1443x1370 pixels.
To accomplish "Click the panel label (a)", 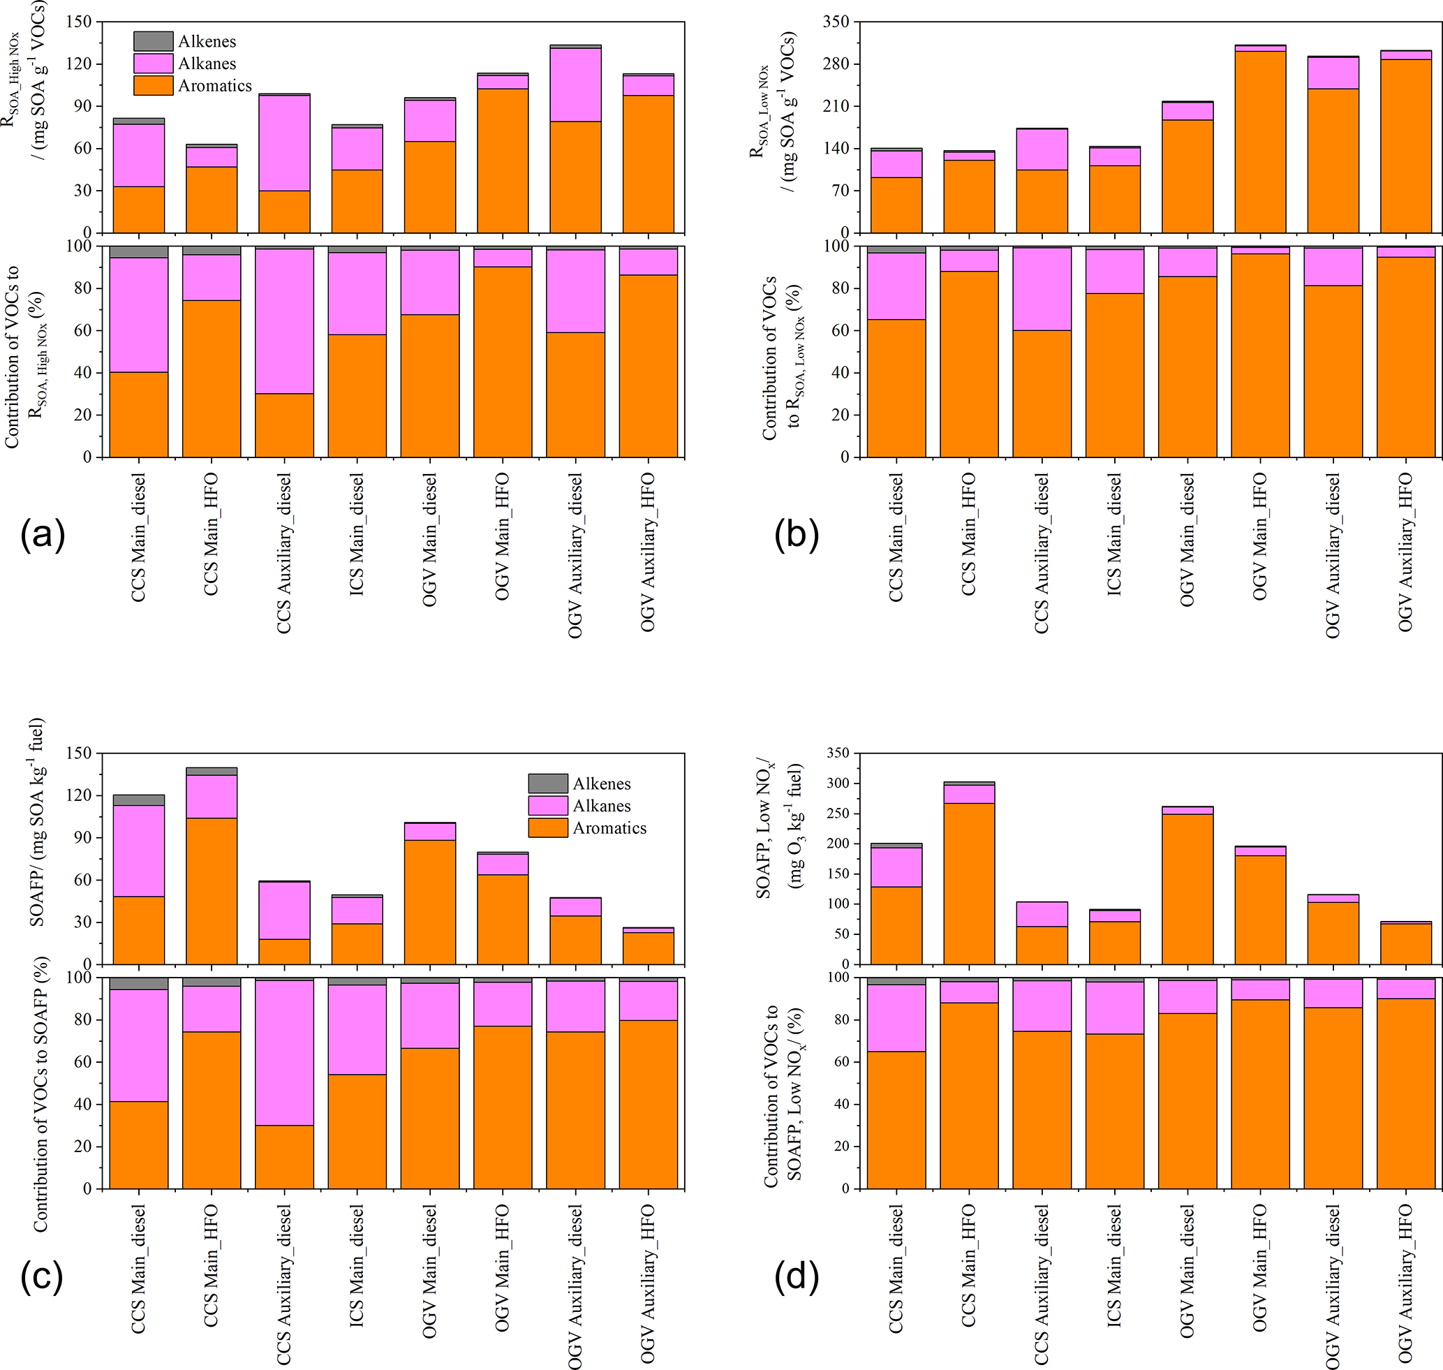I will click(x=43, y=535).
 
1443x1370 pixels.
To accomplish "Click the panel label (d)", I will click(x=797, y=1276).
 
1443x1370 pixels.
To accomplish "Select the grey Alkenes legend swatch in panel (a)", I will click(x=154, y=41).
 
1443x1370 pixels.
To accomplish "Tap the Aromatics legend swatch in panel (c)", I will click(x=548, y=827).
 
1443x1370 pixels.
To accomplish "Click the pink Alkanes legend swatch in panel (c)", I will click(x=548, y=806).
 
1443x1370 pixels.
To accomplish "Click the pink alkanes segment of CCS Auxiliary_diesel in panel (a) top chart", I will click(x=284, y=142).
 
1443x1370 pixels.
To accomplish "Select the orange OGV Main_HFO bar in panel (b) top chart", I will click(x=1260, y=142).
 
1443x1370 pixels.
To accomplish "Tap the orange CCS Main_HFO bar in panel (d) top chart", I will click(x=969, y=883).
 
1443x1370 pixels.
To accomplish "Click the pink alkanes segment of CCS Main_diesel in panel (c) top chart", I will click(x=139, y=850).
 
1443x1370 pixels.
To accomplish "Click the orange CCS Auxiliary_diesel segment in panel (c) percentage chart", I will click(x=284, y=1157).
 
